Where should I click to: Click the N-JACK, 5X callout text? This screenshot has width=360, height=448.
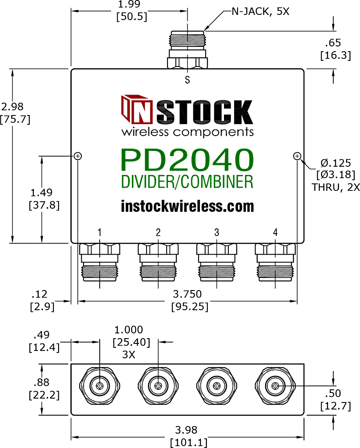260,11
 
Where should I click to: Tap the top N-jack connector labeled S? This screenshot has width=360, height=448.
187,50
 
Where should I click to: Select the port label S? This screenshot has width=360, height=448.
187,80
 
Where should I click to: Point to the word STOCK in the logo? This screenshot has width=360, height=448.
205,112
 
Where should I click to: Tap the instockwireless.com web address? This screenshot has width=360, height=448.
187,206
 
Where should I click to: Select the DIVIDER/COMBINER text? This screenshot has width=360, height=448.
187,182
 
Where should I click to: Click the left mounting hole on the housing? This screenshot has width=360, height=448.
78,156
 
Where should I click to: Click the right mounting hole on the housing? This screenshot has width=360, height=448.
297,156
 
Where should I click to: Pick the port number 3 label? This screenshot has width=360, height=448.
217,233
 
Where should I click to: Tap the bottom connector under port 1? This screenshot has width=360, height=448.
99,262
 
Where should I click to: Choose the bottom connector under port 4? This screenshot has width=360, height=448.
275,262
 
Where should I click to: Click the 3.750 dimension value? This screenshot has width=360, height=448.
187,294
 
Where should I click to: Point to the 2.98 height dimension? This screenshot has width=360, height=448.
12,107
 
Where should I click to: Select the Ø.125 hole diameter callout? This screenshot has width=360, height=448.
336,163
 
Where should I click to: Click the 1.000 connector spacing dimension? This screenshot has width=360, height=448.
129,330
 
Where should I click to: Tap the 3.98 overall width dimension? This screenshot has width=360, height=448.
186,430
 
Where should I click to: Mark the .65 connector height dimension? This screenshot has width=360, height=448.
333,43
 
